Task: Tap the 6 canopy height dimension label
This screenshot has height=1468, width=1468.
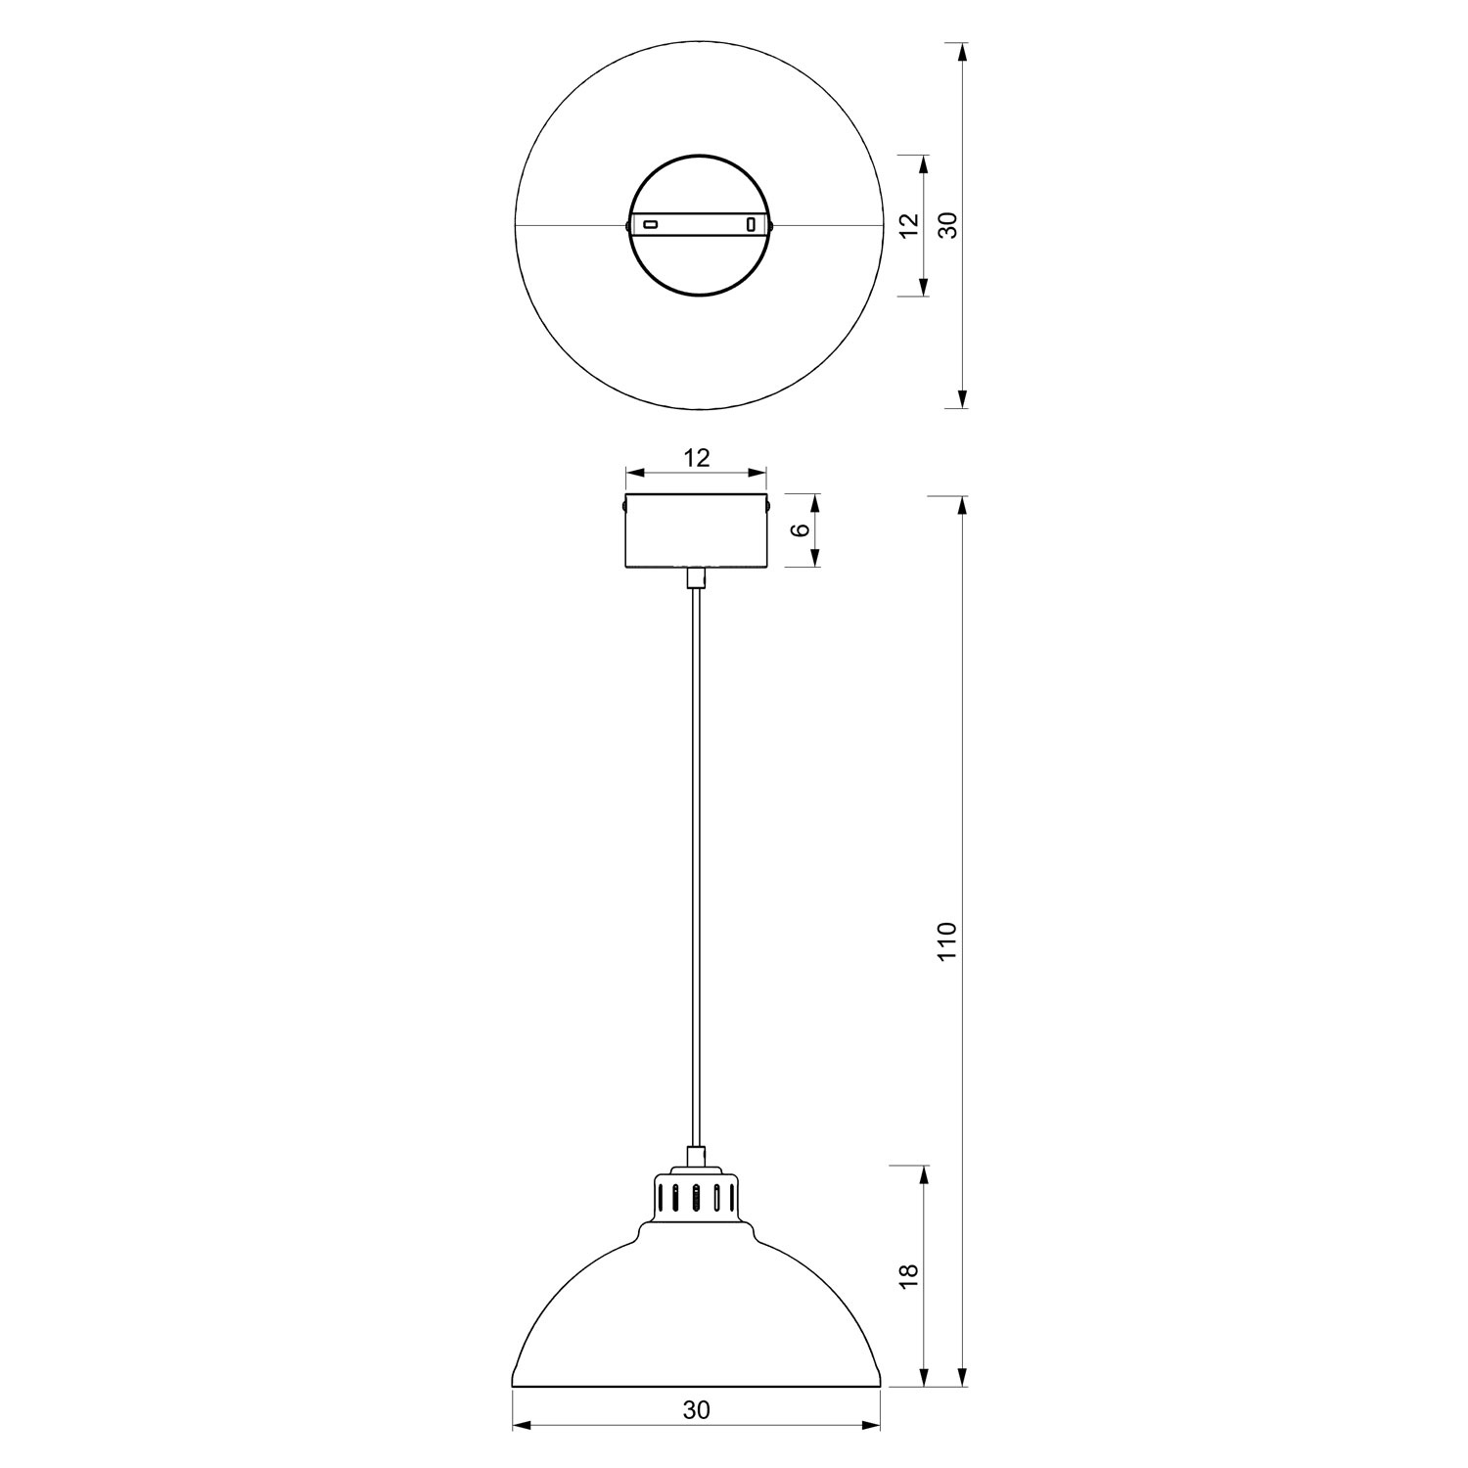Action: coord(800,529)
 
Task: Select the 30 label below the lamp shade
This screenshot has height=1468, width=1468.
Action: coord(696,1410)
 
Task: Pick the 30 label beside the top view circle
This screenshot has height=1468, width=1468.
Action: coord(946,225)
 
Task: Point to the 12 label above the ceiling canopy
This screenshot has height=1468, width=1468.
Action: coord(696,457)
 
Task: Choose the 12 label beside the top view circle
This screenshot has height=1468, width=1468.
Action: coord(908,225)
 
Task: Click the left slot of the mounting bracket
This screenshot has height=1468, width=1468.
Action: coord(650,225)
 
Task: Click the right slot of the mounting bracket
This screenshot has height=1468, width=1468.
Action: coord(751,225)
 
